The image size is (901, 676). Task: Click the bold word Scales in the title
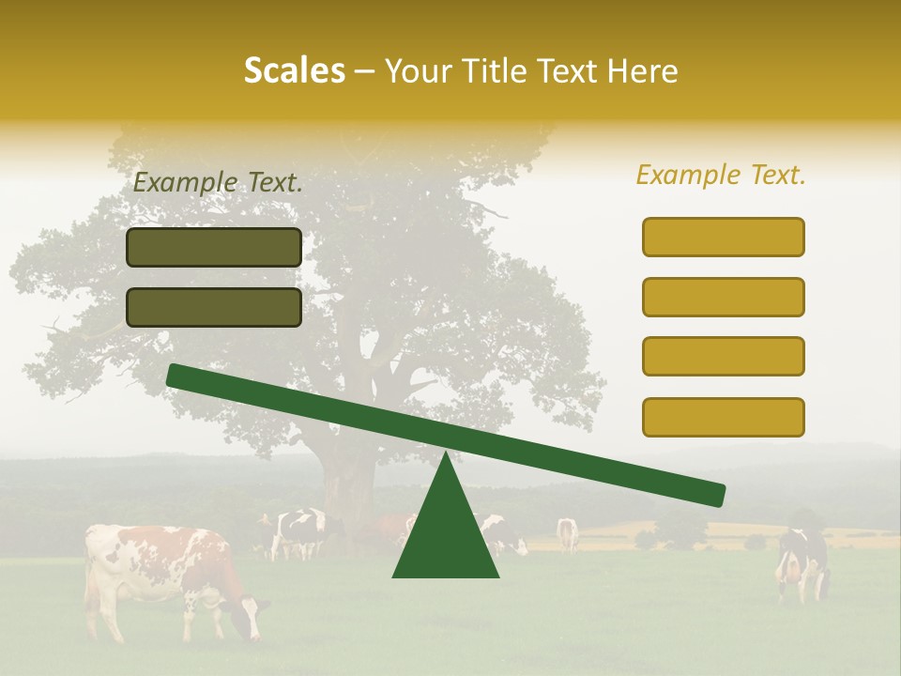(x=294, y=70)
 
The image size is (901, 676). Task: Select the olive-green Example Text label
(x=218, y=183)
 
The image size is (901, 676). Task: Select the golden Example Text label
(x=721, y=175)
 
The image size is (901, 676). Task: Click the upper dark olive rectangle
(x=214, y=247)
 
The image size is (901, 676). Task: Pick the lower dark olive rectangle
(x=214, y=307)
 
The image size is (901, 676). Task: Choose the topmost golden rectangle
(x=723, y=237)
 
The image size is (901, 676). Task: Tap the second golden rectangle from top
(x=723, y=297)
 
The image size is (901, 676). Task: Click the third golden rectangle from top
(x=723, y=357)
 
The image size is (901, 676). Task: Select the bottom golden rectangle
(x=723, y=417)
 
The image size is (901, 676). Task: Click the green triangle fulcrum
(x=446, y=535)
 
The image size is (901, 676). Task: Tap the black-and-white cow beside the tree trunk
(x=297, y=531)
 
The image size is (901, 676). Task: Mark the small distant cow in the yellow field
(x=567, y=532)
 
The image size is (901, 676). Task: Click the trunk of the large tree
(x=347, y=479)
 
